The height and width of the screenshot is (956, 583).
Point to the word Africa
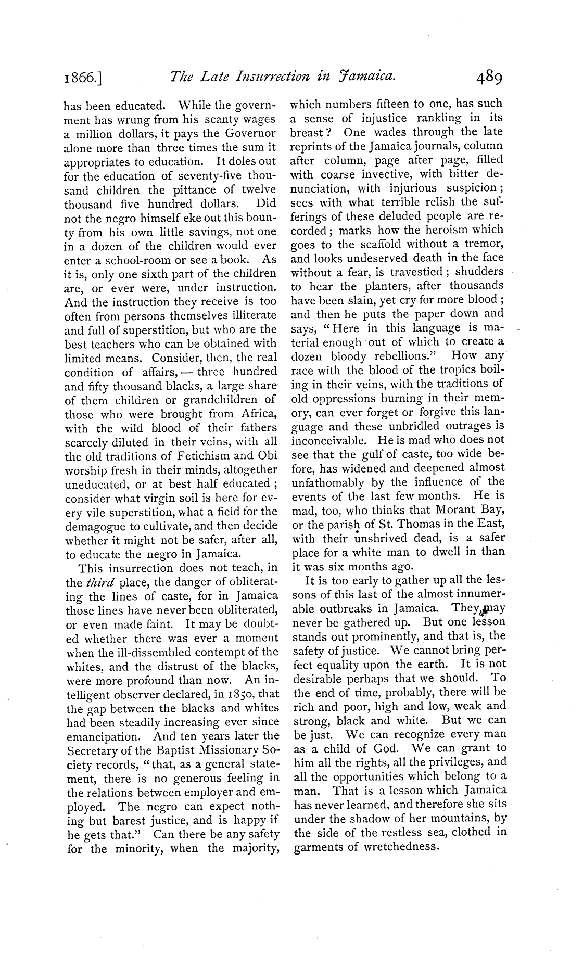point(258,415)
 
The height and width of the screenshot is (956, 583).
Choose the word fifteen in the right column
point(397,104)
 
